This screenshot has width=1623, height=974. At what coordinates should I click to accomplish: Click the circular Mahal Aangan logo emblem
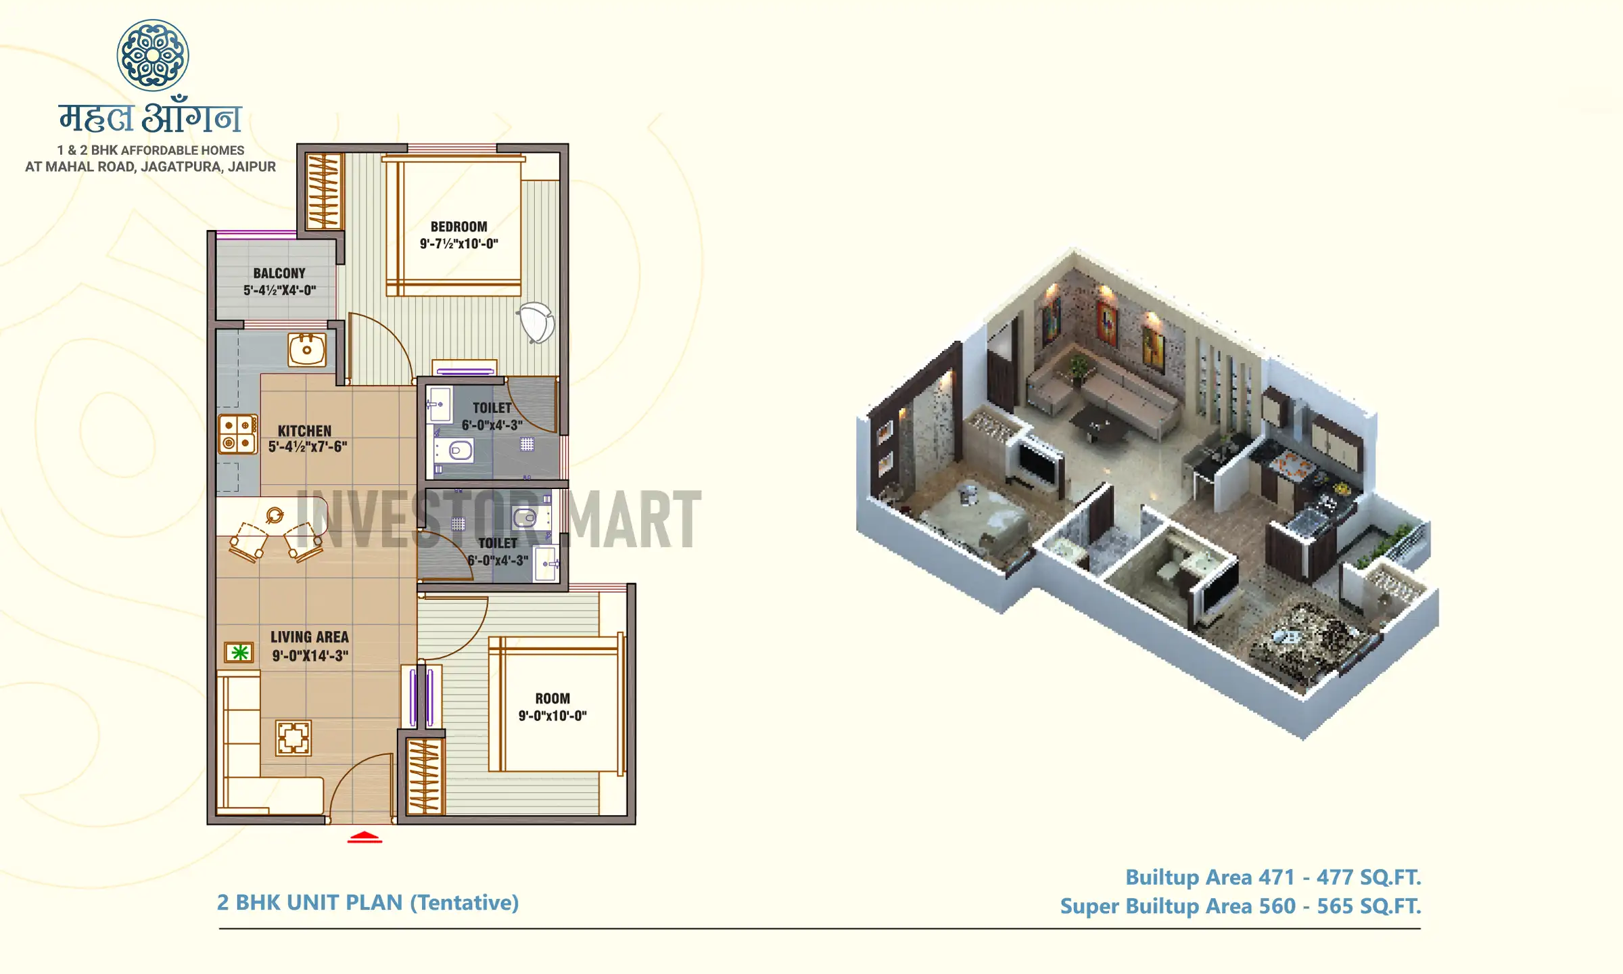(153, 55)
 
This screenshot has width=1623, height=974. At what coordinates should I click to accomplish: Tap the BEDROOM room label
(458, 227)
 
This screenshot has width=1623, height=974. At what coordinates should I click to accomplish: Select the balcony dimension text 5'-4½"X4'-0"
(279, 291)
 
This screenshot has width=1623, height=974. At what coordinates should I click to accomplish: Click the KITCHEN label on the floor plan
(304, 431)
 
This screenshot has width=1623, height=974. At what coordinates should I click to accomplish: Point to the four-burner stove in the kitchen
(237, 434)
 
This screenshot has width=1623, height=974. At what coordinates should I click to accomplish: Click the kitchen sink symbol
(307, 350)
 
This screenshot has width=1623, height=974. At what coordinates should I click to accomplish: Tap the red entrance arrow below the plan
(364, 837)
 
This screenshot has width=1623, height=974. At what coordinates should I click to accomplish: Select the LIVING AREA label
(310, 637)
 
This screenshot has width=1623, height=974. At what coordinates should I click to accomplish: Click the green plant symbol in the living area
(239, 653)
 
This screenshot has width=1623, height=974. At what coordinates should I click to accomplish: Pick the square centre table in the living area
(293, 738)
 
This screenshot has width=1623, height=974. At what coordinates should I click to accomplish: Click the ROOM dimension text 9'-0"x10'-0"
(552, 716)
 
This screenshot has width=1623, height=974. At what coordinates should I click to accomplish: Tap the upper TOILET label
(492, 408)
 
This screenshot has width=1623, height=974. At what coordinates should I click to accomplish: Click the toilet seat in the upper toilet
(461, 450)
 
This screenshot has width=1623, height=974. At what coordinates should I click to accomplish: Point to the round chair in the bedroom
(537, 323)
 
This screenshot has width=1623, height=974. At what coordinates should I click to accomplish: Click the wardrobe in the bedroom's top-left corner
(323, 191)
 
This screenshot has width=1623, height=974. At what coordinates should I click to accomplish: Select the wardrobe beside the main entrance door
(425, 776)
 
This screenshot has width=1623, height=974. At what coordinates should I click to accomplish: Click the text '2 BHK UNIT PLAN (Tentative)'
(368, 903)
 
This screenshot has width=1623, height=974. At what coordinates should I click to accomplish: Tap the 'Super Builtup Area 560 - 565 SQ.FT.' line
(1240, 906)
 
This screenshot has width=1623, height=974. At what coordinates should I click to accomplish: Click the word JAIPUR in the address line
(252, 167)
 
